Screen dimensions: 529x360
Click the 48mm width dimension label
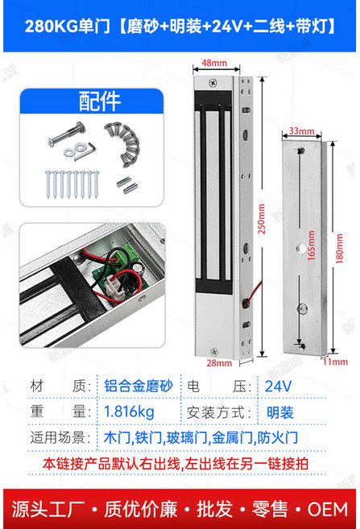(213, 62)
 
